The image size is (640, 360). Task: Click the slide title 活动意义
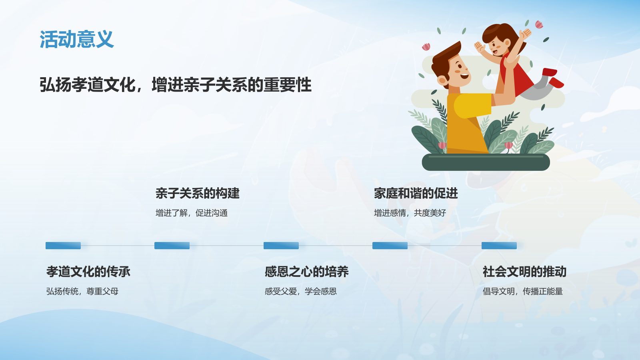pos(76,39)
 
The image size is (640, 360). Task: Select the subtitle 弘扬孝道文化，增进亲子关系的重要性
pos(175,85)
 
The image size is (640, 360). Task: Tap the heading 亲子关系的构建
pos(198,194)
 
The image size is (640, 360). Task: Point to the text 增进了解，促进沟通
pos(192,213)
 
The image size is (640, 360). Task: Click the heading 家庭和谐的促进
pos(416,194)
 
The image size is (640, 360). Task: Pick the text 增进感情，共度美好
pos(410,213)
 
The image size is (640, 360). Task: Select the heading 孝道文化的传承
pos(88,272)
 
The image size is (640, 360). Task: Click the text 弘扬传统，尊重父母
pos(82,291)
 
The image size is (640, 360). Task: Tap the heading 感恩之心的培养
pos(306,272)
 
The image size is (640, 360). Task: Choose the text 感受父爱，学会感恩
pos(300,291)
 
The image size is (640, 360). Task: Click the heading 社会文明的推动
pos(524,272)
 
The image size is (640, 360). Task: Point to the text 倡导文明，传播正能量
pos(522,291)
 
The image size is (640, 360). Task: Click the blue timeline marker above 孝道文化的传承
pos(63,246)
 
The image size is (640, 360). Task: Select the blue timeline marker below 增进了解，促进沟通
pos(172,246)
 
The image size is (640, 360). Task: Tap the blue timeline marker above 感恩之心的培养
pos(281,246)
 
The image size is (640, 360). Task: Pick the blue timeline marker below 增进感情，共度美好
pos(390,246)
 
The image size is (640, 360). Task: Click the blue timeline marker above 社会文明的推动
pos(499,246)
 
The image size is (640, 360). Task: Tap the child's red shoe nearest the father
pos(550,72)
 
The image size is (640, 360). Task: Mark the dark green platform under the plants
pos(486,162)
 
